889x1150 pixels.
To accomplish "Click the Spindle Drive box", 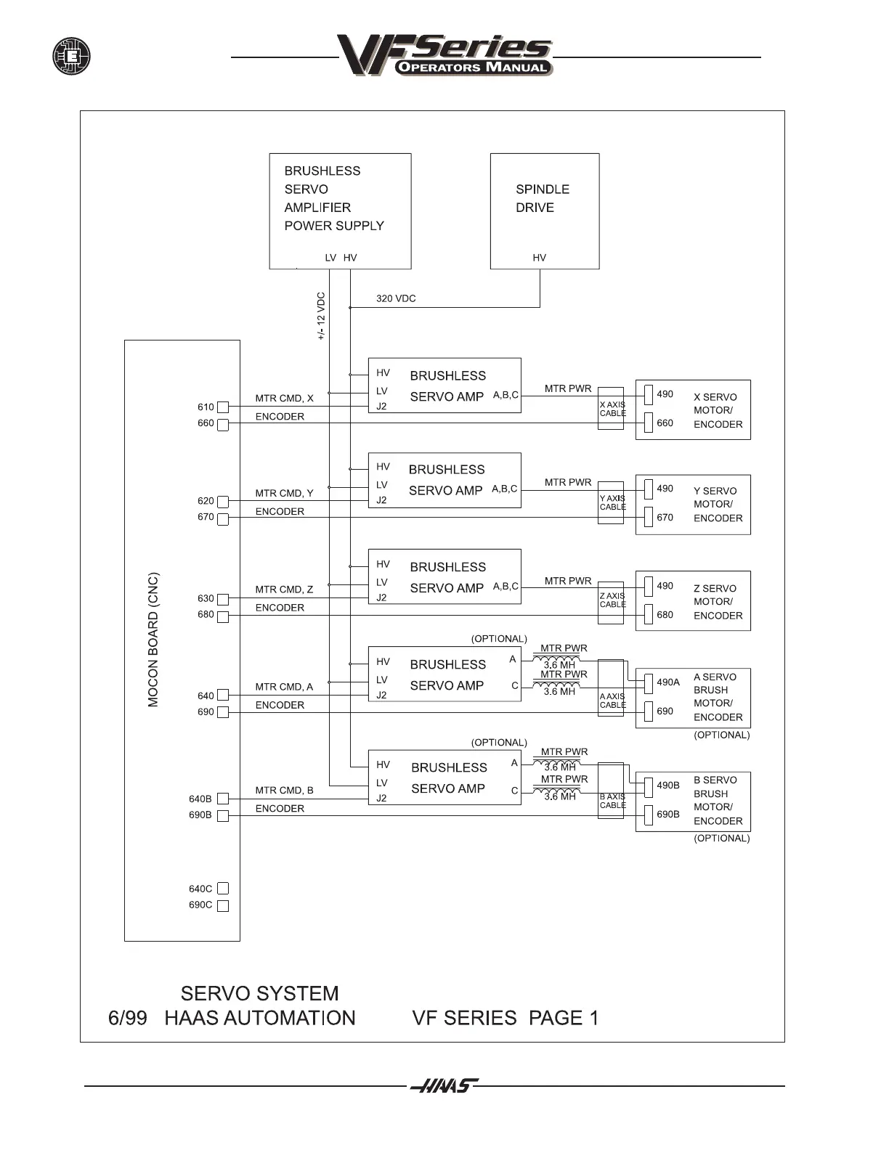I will point(545,211).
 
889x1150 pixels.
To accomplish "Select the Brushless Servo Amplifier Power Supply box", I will point(340,211).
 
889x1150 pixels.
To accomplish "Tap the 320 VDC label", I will point(396,298).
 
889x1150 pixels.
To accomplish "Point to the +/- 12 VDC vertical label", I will point(321,317).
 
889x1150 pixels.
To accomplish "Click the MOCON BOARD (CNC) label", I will point(153,640).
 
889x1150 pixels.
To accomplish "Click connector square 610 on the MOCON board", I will point(223,407).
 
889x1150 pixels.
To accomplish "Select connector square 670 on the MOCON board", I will point(223,518).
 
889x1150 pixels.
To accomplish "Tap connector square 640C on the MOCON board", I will point(223,889).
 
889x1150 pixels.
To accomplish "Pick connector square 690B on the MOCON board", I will point(223,816).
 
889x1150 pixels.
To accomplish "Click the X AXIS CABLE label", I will point(612,409).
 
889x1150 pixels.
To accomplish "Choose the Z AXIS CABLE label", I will point(612,600).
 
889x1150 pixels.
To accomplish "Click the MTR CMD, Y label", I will point(284,493).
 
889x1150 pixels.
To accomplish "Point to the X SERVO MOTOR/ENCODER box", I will point(693,409).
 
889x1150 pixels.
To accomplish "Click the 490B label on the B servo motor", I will point(668,785).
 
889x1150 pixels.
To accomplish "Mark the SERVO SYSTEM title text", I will point(259,993).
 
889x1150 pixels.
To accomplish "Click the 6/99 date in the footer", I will point(127,1018).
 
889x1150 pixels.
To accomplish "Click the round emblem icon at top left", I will point(71,56).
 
